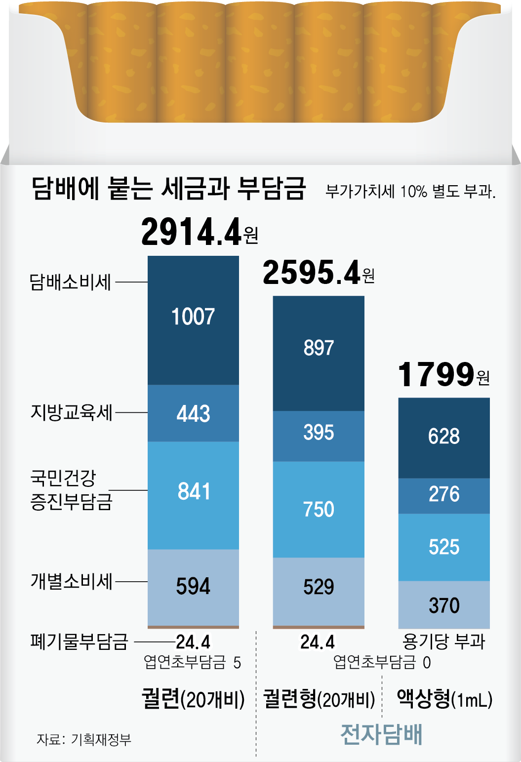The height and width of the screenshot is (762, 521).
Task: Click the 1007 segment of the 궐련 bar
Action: tap(193, 320)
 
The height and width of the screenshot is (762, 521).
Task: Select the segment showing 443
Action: tap(193, 413)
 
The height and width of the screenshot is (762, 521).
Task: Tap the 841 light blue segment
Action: tap(193, 495)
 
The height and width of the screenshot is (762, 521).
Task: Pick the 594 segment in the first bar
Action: tap(193, 588)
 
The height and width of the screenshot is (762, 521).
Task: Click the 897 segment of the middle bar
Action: tap(319, 353)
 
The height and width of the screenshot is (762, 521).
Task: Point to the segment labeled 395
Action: tap(319, 436)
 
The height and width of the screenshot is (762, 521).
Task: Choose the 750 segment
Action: tap(319, 510)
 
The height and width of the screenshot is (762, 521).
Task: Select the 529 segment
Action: tap(319, 592)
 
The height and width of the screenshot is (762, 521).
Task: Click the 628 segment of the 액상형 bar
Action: tap(444, 438)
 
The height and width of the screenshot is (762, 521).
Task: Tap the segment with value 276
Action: tap(444, 496)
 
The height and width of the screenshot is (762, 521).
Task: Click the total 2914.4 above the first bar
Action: tap(200, 232)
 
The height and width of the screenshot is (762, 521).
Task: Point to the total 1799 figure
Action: tap(444, 374)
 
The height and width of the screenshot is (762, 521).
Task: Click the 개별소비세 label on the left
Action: tap(72, 581)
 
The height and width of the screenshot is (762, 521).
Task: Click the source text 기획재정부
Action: tap(101, 740)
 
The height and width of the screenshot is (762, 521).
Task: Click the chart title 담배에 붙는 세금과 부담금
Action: tap(169, 189)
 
